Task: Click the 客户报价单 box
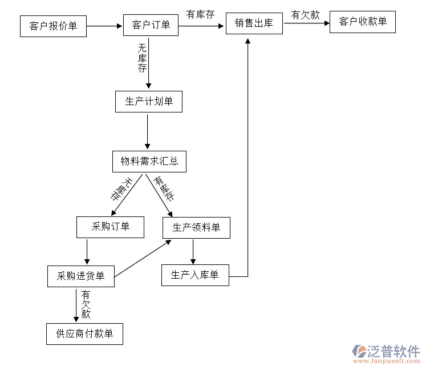tap(52, 26)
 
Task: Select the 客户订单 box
tap(151, 25)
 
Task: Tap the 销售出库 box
tap(254, 23)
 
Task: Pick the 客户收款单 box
tap(362, 22)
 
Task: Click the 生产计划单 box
tap(148, 102)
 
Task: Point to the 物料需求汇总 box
tap(149, 162)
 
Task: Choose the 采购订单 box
tap(110, 227)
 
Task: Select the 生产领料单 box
tap(196, 228)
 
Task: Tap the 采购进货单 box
tap(80, 276)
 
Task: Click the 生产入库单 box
tap(195, 275)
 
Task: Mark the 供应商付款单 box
tap(84, 334)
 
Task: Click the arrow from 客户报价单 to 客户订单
tap(104, 26)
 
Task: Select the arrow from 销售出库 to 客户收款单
tap(306, 23)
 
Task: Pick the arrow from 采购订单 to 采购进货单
tap(87, 252)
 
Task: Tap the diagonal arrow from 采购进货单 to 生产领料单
tap(143, 259)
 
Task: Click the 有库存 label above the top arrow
tap(200, 14)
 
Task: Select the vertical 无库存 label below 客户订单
tap(142, 58)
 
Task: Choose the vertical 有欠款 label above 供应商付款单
tap(86, 304)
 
